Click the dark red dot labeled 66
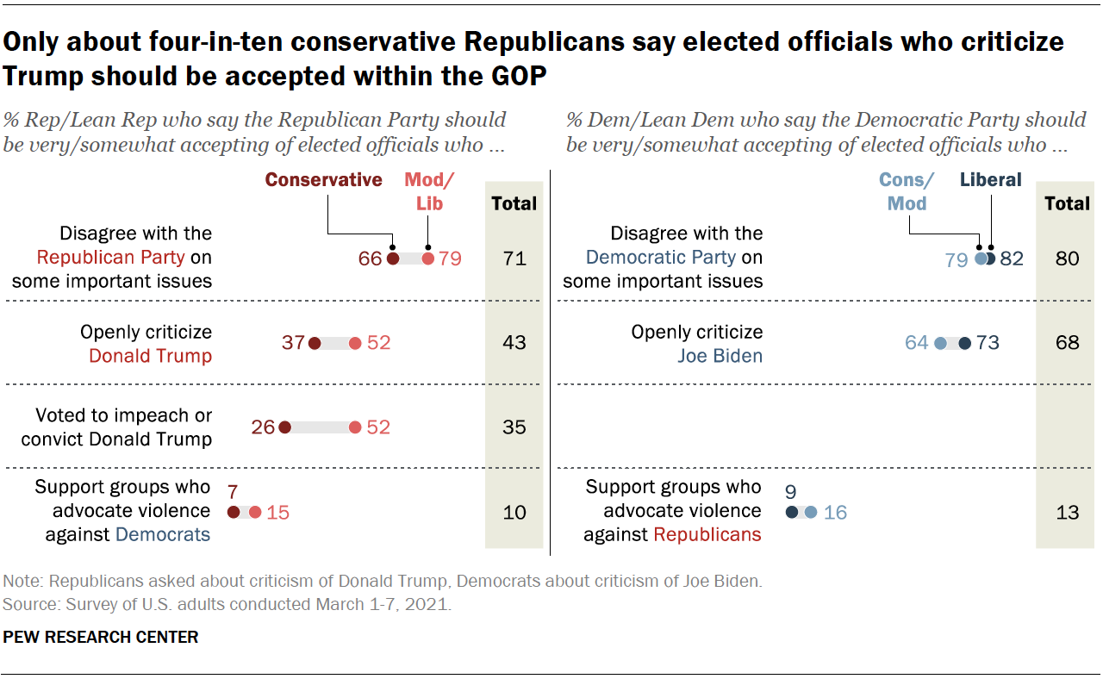[392, 258]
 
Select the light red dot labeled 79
[428, 258]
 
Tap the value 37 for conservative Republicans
[293, 343]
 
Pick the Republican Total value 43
[514, 343]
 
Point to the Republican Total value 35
[514, 427]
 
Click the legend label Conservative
[323, 180]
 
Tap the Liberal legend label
[990, 180]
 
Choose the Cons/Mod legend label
[906, 191]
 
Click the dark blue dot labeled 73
[964, 343]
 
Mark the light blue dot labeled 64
[940, 343]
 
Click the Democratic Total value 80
[1067, 258]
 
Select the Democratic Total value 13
[1067, 513]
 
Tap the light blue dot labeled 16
[811, 513]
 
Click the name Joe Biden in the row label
[720, 355]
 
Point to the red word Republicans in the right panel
[707, 535]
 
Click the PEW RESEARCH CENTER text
[101, 638]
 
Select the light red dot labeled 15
[254, 513]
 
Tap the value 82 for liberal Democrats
[1011, 258]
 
